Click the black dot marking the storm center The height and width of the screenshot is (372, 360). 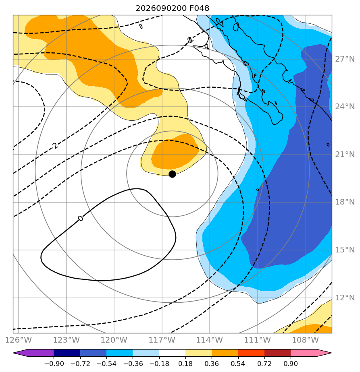click(x=172, y=174)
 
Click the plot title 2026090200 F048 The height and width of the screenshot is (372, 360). click(x=172, y=8)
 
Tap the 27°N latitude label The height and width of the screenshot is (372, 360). click(x=345, y=59)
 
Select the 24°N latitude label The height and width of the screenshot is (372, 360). click(x=345, y=107)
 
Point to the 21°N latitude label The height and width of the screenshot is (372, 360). click(x=345, y=155)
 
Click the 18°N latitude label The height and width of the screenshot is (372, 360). click(x=345, y=202)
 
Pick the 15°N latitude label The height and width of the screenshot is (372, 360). click(x=345, y=250)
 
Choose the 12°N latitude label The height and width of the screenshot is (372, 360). click(x=345, y=298)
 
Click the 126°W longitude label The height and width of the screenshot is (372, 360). click(x=19, y=340)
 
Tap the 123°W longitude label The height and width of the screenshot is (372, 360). click(x=66, y=340)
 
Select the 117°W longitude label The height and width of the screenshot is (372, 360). click(x=162, y=340)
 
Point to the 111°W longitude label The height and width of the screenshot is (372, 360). click(x=258, y=340)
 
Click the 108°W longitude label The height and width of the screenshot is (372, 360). click(x=305, y=340)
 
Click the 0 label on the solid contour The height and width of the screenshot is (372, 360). click(x=81, y=218)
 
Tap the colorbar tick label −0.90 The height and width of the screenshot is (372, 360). click(x=54, y=364)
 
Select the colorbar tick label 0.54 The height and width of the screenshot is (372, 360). click(x=238, y=364)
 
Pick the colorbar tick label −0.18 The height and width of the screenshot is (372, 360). click(x=159, y=364)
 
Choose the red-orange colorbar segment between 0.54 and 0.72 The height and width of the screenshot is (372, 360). click(x=251, y=353)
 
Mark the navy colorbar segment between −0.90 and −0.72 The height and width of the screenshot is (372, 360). click(x=67, y=353)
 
